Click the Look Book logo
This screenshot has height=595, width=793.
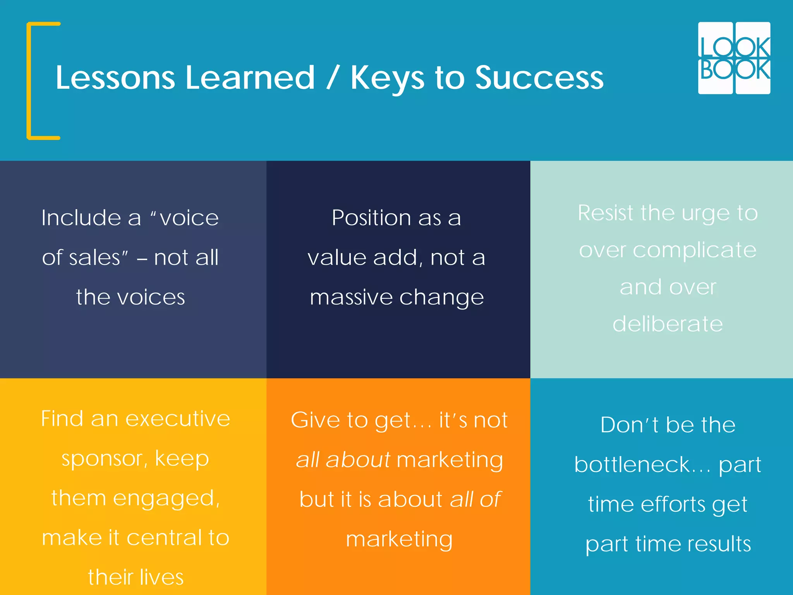click(x=734, y=58)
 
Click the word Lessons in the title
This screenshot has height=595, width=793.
click(x=115, y=77)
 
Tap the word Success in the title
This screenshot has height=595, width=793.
click(x=539, y=77)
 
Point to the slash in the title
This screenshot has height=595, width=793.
click(x=333, y=77)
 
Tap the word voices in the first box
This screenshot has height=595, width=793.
click(x=151, y=297)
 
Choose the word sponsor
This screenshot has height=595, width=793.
click(x=104, y=459)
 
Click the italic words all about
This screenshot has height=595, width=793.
click(x=343, y=460)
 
